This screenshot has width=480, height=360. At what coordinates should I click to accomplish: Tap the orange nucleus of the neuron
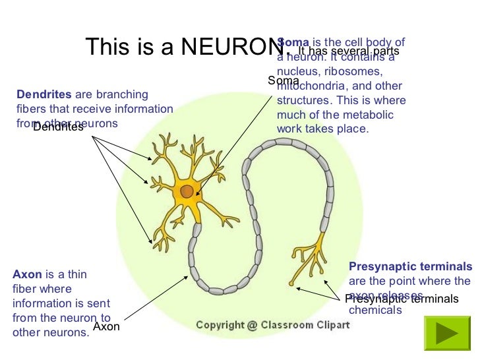click(x=187, y=191)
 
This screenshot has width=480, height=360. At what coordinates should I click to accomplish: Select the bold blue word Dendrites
click(x=44, y=94)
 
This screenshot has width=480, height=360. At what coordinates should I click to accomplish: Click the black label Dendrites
click(x=58, y=127)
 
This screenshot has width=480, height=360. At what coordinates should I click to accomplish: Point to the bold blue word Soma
click(x=293, y=42)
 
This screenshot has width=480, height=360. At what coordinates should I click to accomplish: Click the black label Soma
click(x=284, y=80)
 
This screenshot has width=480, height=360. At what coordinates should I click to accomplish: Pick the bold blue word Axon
click(x=27, y=274)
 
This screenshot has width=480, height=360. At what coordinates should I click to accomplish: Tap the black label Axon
click(x=106, y=326)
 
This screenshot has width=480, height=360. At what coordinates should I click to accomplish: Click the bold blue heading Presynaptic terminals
click(x=410, y=266)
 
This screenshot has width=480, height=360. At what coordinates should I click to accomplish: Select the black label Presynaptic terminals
click(x=402, y=299)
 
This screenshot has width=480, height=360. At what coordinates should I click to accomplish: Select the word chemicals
click(x=375, y=310)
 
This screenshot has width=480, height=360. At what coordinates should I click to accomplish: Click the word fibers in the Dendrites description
click(x=30, y=109)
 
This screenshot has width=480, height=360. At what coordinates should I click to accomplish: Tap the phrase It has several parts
click(x=349, y=50)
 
